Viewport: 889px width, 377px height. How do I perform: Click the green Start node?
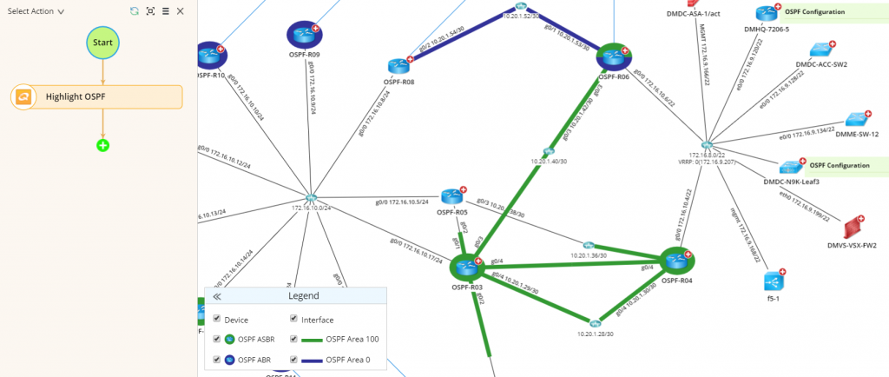(x=102, y=43)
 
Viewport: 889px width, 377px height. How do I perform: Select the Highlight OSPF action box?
(x=97, y=96)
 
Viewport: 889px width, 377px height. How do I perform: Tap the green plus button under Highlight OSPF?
(x=102, y=145)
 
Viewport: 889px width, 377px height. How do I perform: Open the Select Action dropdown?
(x=36, y=11)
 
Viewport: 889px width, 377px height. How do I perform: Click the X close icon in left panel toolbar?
(x=180, y=11)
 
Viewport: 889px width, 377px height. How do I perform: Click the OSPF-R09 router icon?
(x=303, y=35)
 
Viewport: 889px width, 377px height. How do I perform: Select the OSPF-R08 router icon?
(x=398, y=66)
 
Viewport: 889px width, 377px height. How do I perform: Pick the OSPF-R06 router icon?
(x=613, y=57)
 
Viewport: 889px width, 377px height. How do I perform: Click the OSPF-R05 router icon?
(x=451, y=196)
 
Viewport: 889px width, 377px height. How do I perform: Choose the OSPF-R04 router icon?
(x=675, y=261)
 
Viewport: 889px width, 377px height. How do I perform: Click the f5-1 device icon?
(x=773, y=281)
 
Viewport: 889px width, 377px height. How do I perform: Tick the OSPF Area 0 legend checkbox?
(x=294, y=359)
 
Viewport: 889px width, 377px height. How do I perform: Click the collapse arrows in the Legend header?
(x=217, y=296)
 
